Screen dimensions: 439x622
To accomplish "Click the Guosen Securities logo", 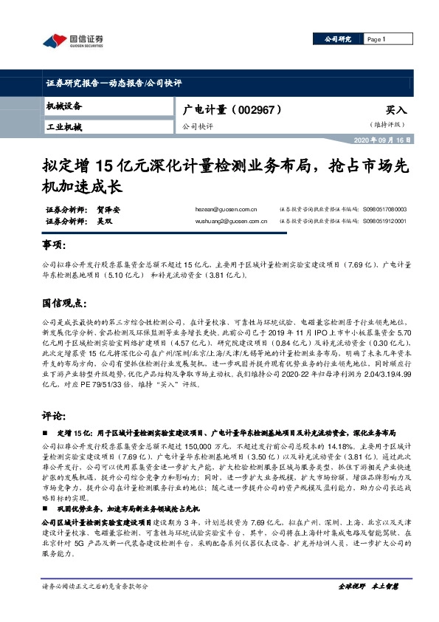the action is (x=73, y=40).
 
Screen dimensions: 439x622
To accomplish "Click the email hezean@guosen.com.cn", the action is (x=232, y=210).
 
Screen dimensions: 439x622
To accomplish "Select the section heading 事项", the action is (x=55, y=245).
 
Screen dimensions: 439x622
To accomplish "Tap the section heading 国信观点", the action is (x=65, y=303).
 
